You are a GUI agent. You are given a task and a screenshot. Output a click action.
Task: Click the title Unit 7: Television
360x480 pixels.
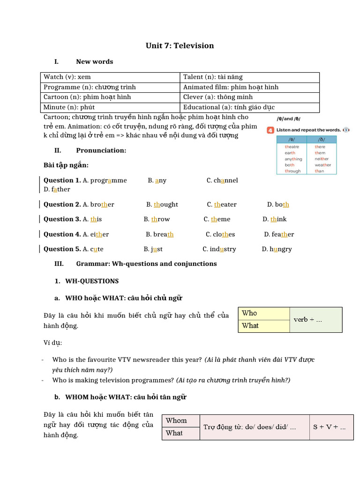[180, 45]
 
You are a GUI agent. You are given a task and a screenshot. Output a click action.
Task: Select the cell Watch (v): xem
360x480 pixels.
[67, 77]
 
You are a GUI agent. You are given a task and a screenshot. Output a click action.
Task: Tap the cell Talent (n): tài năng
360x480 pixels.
[213, 77]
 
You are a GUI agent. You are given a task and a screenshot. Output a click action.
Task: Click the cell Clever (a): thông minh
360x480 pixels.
[217, 97]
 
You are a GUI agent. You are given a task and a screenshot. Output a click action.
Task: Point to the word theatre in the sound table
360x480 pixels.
[292, 147]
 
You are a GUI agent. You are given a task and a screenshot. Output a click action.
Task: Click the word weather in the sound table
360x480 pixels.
[322, 165]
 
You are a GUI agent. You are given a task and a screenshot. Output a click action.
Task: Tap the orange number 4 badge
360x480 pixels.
[270, 130]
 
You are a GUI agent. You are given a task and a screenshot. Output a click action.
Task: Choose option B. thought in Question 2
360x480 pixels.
[162, 204]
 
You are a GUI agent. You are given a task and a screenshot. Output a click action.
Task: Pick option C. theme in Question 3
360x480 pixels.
[217, 219]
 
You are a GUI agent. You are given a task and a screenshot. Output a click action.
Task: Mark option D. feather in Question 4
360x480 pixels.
[279, 234]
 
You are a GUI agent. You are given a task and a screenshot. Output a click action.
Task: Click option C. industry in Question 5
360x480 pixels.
[219, 249]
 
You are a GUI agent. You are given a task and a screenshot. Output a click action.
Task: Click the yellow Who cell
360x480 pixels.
[264, 313]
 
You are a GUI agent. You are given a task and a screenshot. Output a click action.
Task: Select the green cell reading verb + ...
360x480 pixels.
[316, 320]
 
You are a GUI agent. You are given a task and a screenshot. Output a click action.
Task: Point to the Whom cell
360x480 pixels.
[180, 420]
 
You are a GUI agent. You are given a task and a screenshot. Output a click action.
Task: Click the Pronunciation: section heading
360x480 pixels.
[101, 150]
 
